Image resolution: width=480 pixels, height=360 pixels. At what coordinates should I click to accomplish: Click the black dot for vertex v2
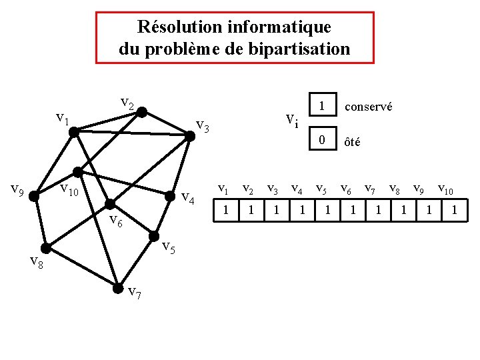point(142,112)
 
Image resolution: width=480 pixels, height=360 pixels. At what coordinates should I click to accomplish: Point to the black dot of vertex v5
point(154,236)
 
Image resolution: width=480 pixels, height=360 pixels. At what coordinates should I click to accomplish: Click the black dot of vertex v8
point(47,253)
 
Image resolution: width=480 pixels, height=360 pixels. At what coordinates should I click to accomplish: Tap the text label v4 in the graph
point(188,198)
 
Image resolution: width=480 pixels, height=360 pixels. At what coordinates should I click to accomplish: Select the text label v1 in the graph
point(63,119)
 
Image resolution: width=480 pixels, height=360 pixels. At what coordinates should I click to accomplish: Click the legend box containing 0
point(322,140)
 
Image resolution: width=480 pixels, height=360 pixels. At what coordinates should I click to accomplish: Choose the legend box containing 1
point(322,106)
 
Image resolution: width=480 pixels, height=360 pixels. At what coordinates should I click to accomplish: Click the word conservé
point(368,107)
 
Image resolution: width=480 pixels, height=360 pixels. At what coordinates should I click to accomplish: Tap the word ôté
point(352,141)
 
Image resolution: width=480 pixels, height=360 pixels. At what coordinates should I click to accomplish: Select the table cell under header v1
point(226,211)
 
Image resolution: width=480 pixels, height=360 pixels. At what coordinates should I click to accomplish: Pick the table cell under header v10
point(454,211)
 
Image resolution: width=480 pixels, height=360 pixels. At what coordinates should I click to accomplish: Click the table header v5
point(322,189)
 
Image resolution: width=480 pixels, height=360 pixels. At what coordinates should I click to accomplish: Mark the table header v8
point(395,189)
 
